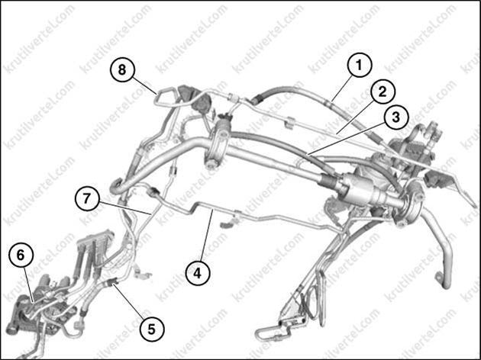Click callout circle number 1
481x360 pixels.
[359, 65]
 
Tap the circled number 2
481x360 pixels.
[383, 92]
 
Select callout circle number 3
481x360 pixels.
[396, 117]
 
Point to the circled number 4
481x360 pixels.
[198, 273]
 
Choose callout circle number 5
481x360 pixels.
[151, 329]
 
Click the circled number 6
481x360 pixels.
[21, 255]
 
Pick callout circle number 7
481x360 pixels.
[87, 198]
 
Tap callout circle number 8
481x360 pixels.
[122, 69]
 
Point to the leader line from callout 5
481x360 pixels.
[130, 301]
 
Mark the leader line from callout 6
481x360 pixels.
[27, 284]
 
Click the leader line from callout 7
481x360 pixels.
[125, 208]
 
